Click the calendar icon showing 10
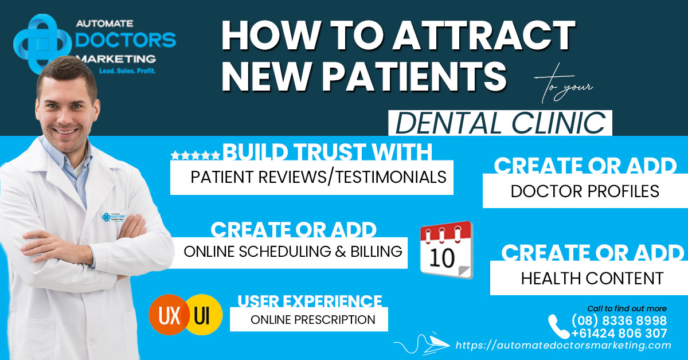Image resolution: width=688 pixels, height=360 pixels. (x=446, y=250)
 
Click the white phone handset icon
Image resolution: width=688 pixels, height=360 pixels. (x=558, y=327)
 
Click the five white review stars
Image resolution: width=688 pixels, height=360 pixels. (x=195, y=155)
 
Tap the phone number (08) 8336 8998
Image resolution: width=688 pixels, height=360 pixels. (x=619, y=320)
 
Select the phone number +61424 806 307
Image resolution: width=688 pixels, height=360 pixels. (x=619, y=333)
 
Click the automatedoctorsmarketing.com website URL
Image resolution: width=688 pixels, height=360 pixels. (x=563, y=346)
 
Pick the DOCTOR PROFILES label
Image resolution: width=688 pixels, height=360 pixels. (x=585, y=191)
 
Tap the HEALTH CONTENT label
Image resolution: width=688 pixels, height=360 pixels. (x=592, y=279)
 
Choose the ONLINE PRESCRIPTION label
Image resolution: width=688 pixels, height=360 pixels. (x=312, y=319)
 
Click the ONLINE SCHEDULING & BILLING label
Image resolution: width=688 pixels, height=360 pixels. (x=292, y=251)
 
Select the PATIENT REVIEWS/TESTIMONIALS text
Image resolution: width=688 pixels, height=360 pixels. (x=318, y=177)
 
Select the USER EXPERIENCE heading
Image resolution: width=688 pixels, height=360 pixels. (x=310, y=301)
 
